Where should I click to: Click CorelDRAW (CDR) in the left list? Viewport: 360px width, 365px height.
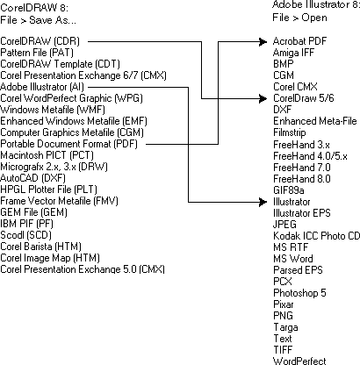click(41, 41)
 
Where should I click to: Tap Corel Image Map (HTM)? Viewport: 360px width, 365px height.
click(50, 256)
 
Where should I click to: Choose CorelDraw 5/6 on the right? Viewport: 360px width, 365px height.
click(304, 98)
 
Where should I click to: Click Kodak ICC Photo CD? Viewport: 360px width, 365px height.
click(316, 235)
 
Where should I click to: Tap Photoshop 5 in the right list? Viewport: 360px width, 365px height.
click(300, 292)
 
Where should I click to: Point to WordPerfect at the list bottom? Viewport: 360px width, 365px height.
click(299, 361)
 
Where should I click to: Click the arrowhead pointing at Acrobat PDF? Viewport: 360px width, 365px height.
click(264, 41)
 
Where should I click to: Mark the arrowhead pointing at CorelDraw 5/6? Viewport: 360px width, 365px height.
click(264, 98)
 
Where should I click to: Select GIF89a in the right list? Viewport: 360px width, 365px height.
click(291, 190)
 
